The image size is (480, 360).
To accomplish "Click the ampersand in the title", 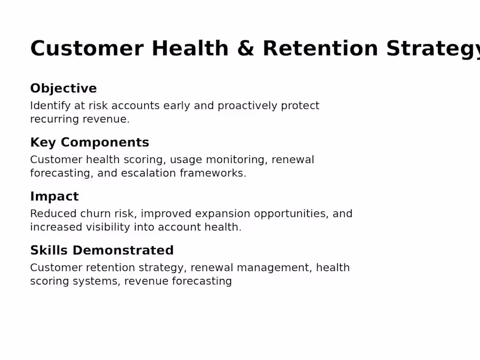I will click(245, 49).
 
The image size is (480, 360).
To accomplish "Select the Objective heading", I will click(64, 89).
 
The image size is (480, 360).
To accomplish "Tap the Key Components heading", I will click(89, 143).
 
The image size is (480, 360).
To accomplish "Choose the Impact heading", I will click(54, 197).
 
